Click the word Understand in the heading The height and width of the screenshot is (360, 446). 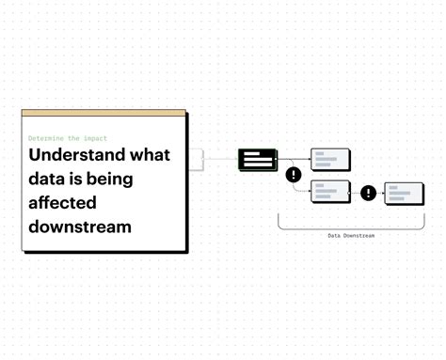pos(77,155)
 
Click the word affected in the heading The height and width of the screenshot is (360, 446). pos(63,202)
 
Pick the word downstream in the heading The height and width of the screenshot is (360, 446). pos(80,227)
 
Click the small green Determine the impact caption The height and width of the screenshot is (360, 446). pos(67,138)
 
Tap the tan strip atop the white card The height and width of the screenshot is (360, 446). pos(104,114)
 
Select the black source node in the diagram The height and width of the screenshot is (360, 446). pos(257,160)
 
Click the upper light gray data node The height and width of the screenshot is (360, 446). pos(330,160)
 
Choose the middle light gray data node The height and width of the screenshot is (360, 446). pos(330,192)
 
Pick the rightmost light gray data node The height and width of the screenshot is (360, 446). pos(404,193)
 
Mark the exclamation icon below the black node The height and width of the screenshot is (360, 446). pos(294,174)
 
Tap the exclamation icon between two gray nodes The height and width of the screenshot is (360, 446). pos(368,193)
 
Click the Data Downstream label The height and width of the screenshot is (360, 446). pos(350,236)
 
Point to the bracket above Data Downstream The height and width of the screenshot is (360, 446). pos(350,226)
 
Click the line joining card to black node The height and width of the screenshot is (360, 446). pos(221,160)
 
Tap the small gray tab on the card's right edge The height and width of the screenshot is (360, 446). pos(196,160)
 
